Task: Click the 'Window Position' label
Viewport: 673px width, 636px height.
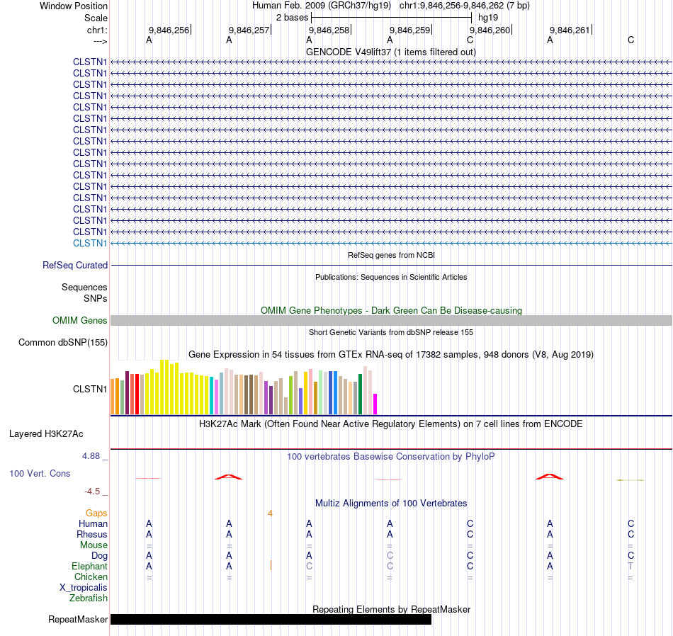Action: click(x=74, y=6)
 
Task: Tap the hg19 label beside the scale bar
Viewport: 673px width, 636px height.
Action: click(x=488, y=17)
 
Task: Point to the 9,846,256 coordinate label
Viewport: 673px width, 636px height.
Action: click(x=169, y=30)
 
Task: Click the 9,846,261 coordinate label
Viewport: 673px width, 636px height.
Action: click(x=570, y=30)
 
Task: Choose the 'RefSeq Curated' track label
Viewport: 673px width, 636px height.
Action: click(x=75, y=266)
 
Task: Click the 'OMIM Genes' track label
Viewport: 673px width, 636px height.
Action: click(x=80, y=321)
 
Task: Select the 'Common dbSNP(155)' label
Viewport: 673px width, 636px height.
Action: click(x=62, y=343)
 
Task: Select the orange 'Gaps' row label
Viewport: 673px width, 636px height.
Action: click(x=97, y=513)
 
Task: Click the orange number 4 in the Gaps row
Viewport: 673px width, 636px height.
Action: click(x=270, y=513)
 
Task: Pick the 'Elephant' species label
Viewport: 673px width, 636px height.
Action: click(x=89, y=567)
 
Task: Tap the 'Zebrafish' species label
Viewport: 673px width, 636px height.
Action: click(x=89, y=598)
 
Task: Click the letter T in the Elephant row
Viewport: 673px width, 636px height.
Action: click(x=630, y=567)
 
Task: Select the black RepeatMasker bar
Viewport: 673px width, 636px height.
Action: click(x=271, y=620)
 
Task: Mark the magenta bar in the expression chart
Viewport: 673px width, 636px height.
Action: click(x=375, y=404)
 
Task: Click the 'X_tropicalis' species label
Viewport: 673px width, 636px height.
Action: click(x=84, y=588)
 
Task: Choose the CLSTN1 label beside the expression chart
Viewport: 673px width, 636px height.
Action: click(x=90, y=389)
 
